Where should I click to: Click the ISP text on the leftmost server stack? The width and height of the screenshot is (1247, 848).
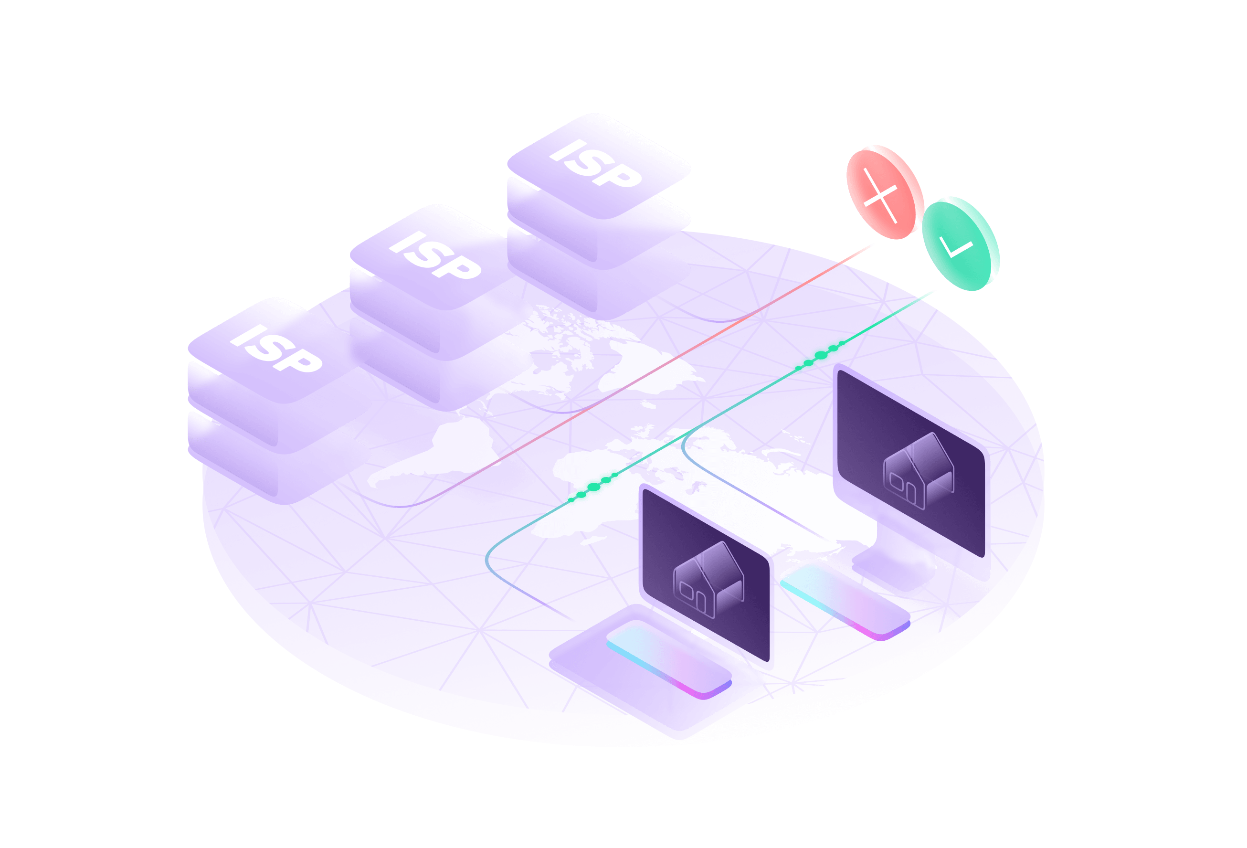pos(276,349)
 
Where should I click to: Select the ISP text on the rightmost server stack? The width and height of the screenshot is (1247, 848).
pos(596,164)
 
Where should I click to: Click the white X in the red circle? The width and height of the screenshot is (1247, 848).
pos(880,195)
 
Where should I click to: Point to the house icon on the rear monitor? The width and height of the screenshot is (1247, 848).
pos(919,471)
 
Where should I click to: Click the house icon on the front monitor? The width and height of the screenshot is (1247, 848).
pos(708,580)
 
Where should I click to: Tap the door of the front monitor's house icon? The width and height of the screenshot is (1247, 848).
pos(700,602)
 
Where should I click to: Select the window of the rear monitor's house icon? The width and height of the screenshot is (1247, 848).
pos(897,481)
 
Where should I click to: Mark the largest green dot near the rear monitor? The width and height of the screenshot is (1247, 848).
pos(821,355)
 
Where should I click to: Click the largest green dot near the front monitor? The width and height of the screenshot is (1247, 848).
pos(593,488)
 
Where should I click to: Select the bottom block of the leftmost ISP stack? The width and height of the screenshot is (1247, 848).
pos(279,456)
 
